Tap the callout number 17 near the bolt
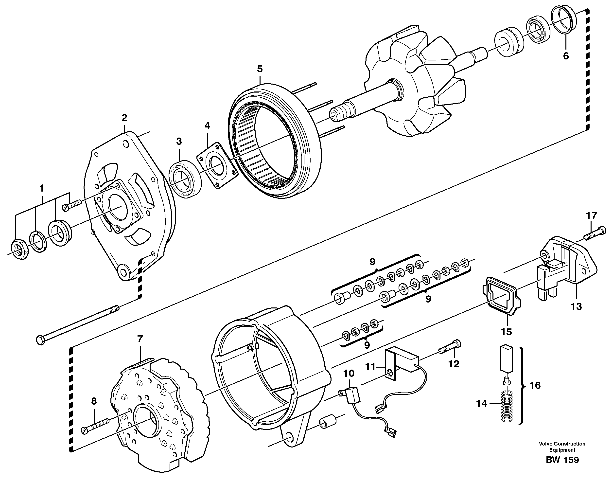click(591, 216)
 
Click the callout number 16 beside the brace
click(535, 385)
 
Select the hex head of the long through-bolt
click(41, 340)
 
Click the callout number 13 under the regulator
click(576, 306)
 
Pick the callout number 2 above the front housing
click(124, 118)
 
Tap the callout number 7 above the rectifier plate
click(140, 339)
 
